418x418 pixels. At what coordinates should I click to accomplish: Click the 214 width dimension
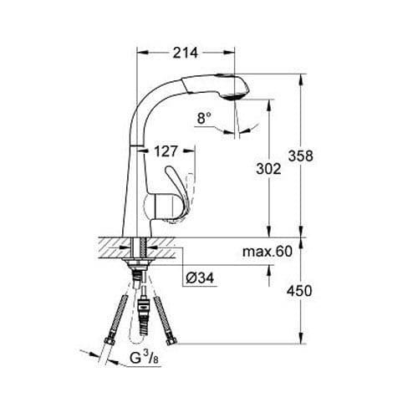186,53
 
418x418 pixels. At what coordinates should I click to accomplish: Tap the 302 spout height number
268,168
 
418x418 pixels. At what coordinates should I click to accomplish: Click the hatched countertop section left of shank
113,247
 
